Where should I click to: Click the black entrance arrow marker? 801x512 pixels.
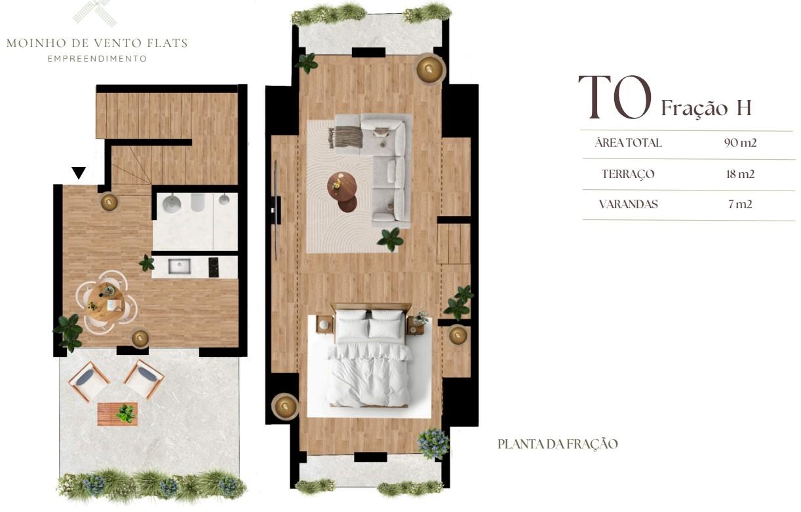(78, 173)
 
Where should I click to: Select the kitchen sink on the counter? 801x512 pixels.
(179, 266)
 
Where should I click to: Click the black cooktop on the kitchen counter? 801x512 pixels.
(214, 267)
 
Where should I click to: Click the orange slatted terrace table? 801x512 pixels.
(117, 414)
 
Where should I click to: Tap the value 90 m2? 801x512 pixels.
(740, 143)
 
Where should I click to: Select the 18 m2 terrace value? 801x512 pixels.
(740, 174)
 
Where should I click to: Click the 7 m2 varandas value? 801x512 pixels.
(740, 204)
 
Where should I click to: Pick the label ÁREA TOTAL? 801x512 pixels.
(629, 143)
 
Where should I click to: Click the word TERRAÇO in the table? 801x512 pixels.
(628, 174)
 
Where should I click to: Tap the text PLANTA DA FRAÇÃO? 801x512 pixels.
(558, 444)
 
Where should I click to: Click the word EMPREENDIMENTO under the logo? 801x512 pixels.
(97, 58)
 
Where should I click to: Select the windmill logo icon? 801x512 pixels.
(95, 13)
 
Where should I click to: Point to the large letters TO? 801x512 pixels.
(614, 97)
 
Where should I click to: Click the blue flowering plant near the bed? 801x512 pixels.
(433, 443)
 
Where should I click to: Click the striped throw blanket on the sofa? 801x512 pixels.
(345, 137)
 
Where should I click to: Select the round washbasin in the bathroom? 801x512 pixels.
(172, 204)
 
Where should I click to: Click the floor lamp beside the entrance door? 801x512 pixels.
(109, 202)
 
